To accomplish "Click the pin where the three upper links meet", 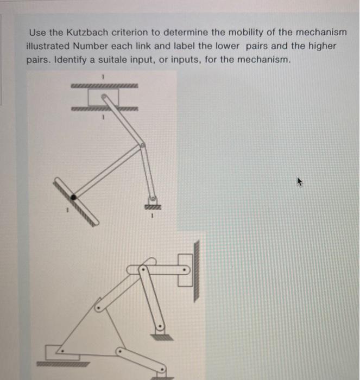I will click(x=143, y=145).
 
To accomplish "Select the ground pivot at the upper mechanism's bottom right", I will click(x=153, y=199).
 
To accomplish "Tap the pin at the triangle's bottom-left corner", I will click(x=61, y=352).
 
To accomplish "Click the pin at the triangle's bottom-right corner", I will click(x=121, y=351).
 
